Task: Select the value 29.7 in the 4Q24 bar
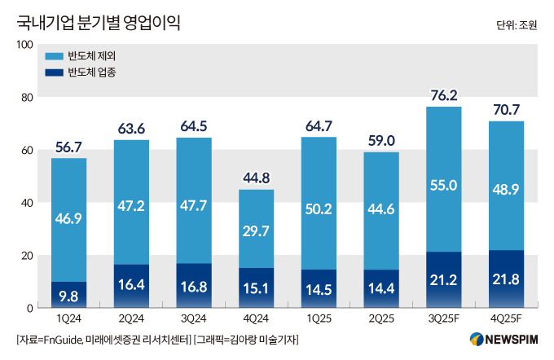[x=257, y=231]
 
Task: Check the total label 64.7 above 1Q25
[x=319, y=125]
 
